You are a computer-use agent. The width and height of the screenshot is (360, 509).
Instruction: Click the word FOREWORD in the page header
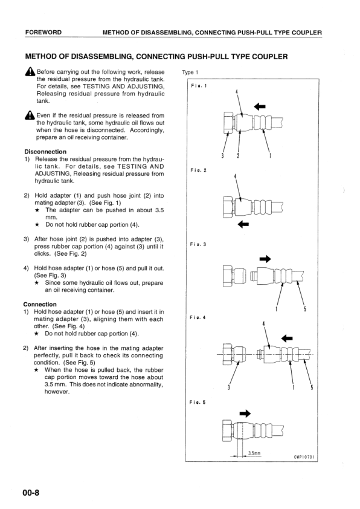43,33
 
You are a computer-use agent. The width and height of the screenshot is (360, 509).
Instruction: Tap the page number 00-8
31,493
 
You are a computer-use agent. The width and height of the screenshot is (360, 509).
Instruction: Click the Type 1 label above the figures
190,73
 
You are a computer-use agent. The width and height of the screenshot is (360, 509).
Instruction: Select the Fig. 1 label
199,86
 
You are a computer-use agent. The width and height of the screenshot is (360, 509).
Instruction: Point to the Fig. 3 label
198,244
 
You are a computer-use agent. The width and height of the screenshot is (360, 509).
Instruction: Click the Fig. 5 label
198,402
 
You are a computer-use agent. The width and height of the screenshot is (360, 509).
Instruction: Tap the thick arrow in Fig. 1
260,106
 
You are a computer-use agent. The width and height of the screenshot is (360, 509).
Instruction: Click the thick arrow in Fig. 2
243,224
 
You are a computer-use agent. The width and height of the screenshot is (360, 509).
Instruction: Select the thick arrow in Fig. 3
265,259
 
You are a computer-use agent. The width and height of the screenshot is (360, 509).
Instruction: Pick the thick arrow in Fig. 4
287,339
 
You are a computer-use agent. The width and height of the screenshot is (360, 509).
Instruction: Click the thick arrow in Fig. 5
245,413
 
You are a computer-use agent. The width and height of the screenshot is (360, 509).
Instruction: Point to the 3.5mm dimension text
254,453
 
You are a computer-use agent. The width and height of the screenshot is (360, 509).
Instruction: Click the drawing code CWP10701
304,457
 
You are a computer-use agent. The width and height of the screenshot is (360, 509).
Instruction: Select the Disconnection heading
45,152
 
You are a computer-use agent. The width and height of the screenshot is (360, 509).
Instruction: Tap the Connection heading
40,304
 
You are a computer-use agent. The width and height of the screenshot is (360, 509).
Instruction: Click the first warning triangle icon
30,71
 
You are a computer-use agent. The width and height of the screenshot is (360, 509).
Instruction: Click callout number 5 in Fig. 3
304,309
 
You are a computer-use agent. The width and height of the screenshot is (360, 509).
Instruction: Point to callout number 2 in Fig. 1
238,155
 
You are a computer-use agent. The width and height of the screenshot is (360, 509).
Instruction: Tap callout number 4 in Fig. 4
263,323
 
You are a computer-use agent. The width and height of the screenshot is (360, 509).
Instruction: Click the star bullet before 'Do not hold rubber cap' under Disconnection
37,224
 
